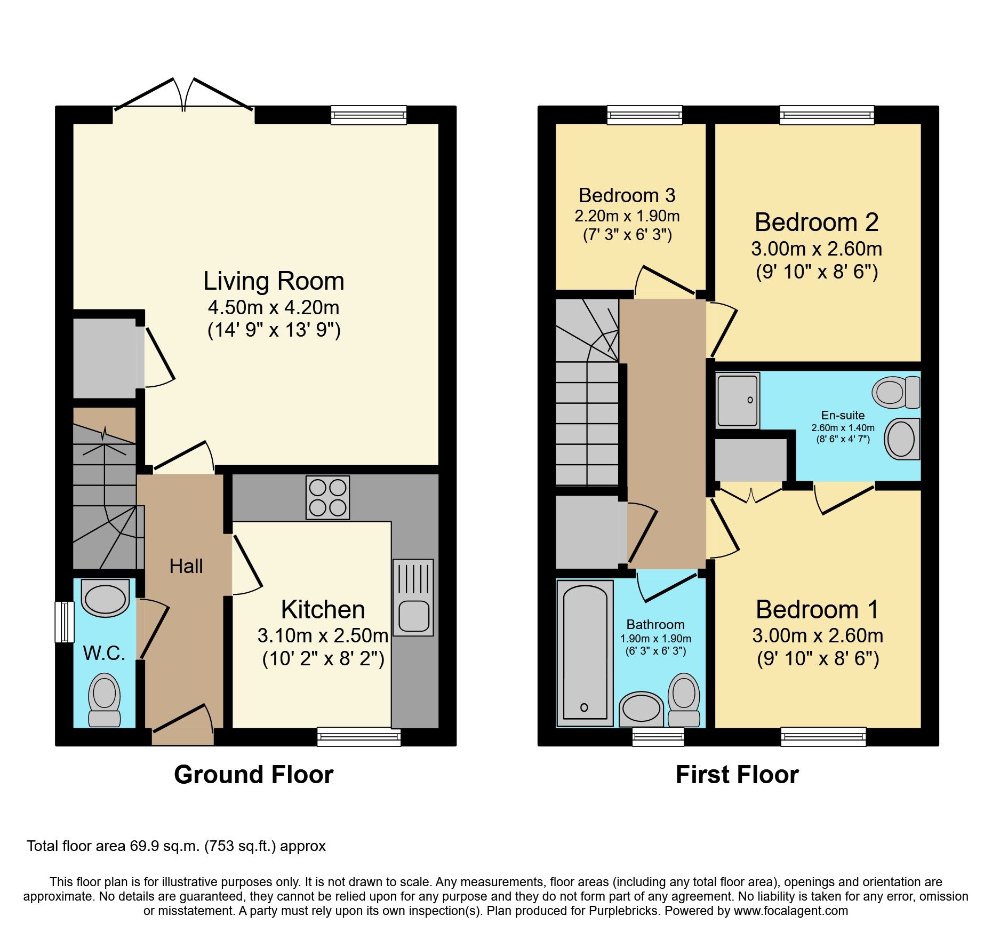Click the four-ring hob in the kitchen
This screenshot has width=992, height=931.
pos(327,497)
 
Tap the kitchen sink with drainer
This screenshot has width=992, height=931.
pos(413,597)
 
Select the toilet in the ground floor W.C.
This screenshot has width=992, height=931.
pos(104,699)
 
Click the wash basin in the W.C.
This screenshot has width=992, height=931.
pos(105,598)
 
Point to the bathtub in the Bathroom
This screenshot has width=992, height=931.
pos(585,653)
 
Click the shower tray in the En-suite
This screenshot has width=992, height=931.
pos(738,400)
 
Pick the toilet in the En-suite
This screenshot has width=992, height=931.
pos(896,392)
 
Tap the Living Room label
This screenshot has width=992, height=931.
pos(274,281)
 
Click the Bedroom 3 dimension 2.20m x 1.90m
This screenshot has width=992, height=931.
pos(627,216)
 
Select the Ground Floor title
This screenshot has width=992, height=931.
pos(253,775)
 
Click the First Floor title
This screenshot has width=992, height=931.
pos(737,775)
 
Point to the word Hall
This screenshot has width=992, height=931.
pos(186,566)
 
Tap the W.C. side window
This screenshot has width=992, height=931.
pos(65,622)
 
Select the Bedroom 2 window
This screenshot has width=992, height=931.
pos(827,115)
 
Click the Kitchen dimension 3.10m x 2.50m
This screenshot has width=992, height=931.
pos(323,635)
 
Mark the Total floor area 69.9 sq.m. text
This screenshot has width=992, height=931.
pos(176,846)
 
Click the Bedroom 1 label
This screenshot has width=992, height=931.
pos(817,610)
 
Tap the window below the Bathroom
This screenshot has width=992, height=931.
pos(658,738)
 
